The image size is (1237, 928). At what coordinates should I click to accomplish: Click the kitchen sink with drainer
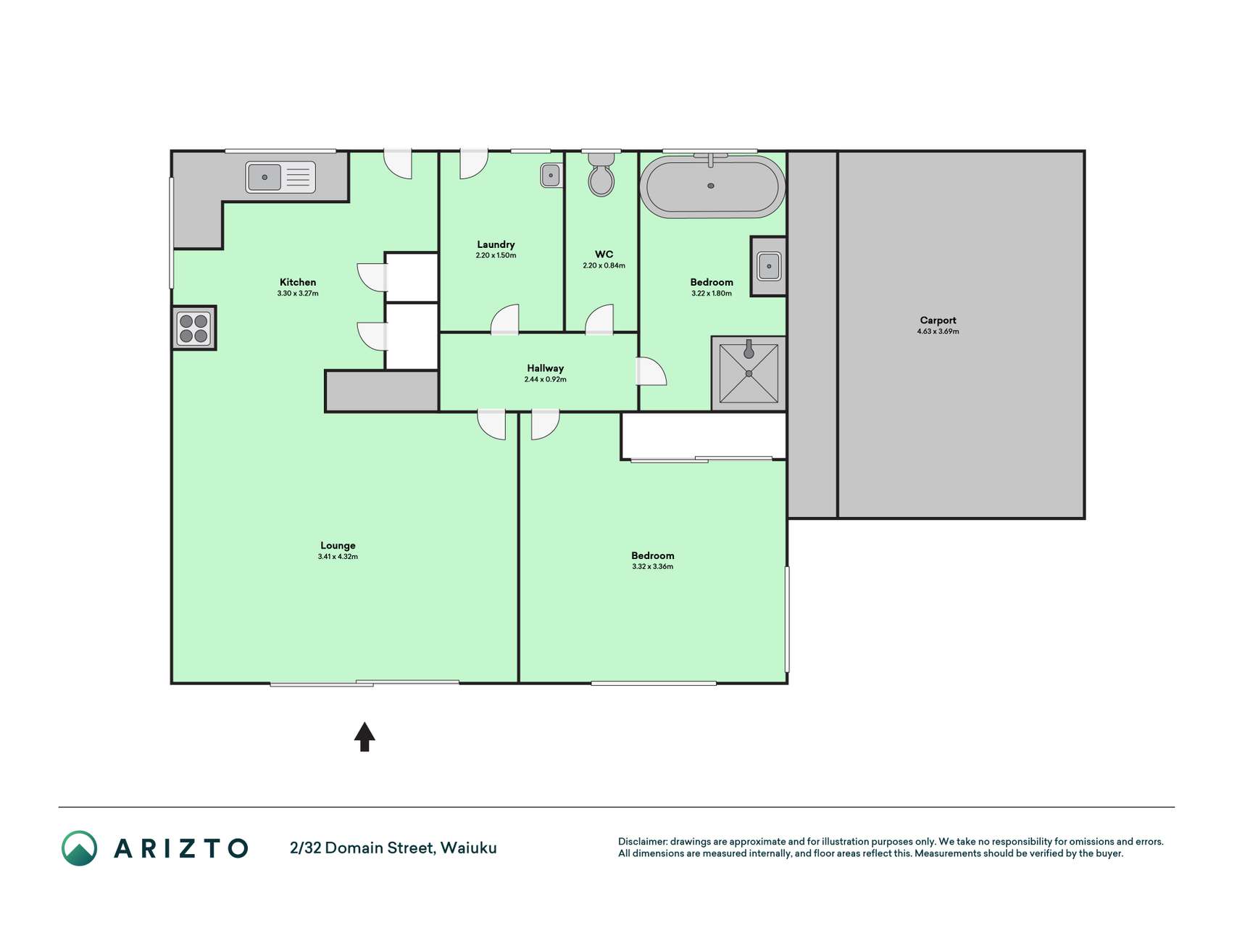(280, 177)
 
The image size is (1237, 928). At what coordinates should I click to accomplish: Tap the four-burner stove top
(193, 328)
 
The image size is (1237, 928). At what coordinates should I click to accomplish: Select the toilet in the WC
(601, 174)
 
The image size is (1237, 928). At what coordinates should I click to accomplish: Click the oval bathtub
(712, 186)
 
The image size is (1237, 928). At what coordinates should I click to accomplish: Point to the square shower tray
(749, 373)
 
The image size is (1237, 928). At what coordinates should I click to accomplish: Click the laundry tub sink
(551, 175)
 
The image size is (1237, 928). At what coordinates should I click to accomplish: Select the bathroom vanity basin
(769, 266)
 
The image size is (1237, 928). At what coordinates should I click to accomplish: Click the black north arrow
(365, 737)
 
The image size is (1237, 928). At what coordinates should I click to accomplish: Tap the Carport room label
(938, 320)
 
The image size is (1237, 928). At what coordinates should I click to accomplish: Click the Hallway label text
(545, 368)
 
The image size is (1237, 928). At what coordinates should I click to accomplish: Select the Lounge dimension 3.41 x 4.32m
(338, 557)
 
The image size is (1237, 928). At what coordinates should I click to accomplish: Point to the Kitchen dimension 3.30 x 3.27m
(298, 294)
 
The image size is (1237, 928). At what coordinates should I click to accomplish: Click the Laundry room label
(496, 244)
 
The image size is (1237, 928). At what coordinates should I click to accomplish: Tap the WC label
(604, 254)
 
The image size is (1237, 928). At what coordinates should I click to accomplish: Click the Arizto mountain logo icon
(79, 848)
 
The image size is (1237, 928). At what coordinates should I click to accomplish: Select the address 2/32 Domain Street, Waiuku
(393, 848)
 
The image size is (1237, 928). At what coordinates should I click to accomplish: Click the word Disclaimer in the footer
(643, 842)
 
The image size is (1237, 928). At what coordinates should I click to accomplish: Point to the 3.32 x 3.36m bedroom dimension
(652, 567)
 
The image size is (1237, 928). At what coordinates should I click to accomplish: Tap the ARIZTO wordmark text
(181, 848)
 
